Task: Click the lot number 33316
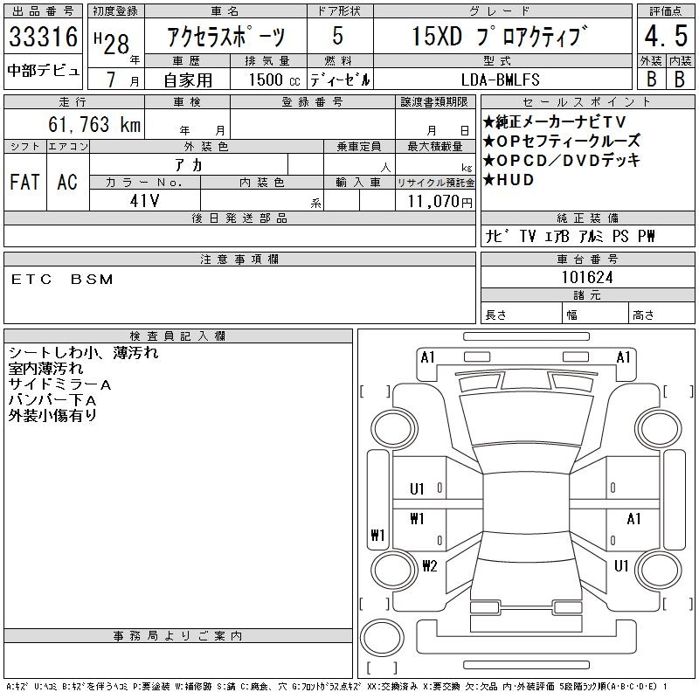pyautogui.click(x=43, y=36)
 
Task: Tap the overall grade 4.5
pyautogui.click(x=666, y=36)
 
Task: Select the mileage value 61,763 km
pyautogui.click(x=94, y=124)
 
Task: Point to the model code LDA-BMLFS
pyautogui.click(x=500, y=80)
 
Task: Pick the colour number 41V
pyautogui.click(x=144, y=201)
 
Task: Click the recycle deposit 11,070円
pyautogui.click(x=439, y=201)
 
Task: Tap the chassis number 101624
pyautogui.click(x=587, y=277)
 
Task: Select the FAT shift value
pyautogui.click(x=25, y=182)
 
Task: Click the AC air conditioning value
pyautogui.click(x=67, y=182)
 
